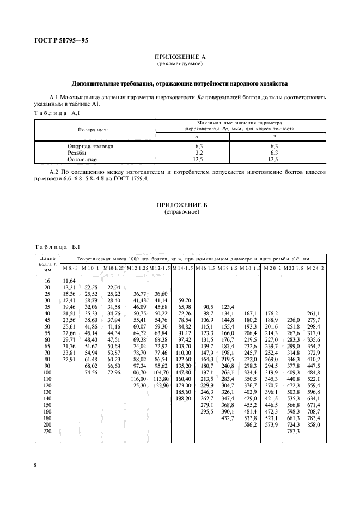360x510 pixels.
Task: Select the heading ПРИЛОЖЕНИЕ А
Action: click(x=180, y=57)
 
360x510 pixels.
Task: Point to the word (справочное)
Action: click(x=180, y=212)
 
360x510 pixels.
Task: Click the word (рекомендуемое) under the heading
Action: click(x=180, y=64)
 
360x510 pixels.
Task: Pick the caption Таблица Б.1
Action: click(x=57, y=247)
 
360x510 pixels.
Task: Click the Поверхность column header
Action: click(x=95, y=130)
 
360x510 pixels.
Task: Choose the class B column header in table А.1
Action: click(x=274, y=137)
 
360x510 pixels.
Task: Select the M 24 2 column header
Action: click(x=315, y=268)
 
